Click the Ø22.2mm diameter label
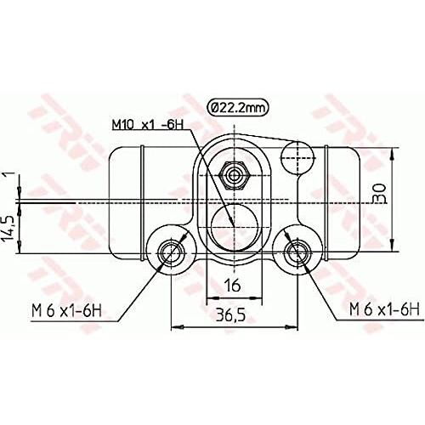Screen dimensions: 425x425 238,107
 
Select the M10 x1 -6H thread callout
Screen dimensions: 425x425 148,124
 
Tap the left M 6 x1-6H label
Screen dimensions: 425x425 66,311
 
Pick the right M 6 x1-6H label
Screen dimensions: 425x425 384,309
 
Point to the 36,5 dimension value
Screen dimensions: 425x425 231,314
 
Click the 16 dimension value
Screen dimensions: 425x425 232,285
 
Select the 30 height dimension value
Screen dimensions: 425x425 381,193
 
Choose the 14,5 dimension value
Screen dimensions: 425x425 8,229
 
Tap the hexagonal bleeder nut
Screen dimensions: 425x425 234,176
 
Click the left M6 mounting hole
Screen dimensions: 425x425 171,252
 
